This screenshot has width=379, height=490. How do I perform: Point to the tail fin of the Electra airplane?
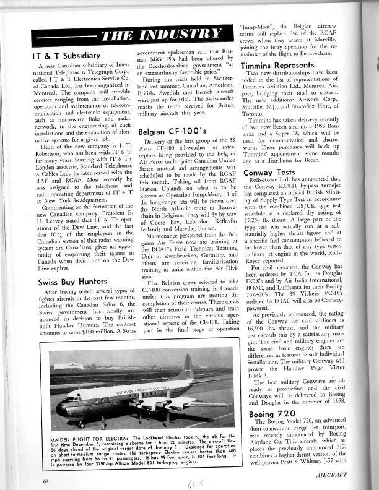click(x=188, y=369)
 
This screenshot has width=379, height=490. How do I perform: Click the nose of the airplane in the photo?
click(x=59, y=409)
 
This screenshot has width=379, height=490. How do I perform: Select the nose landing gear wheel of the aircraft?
click(x=81, y=424)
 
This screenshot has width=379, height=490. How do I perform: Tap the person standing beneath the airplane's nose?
click(x=103, y=423)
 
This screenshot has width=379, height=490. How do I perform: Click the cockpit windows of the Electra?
click(x=69, y=399)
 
